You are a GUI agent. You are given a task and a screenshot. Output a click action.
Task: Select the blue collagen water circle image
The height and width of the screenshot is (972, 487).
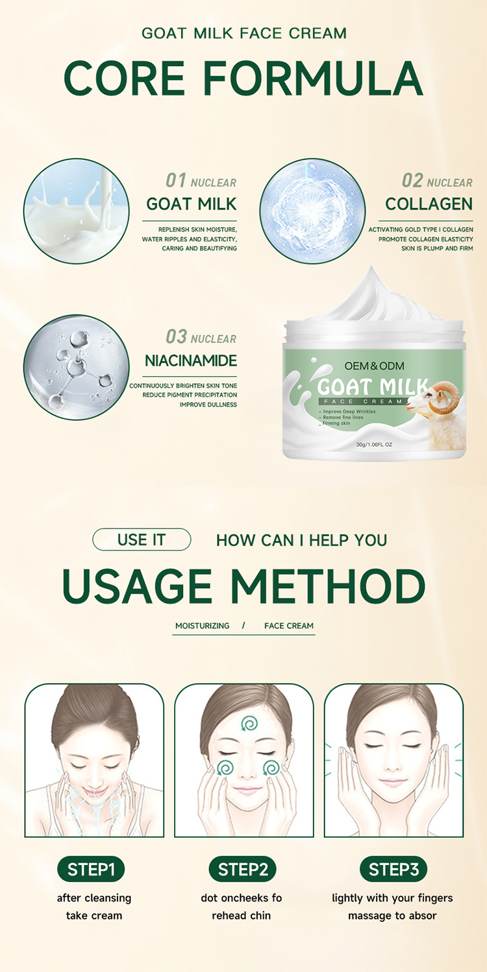(x=312, y=211)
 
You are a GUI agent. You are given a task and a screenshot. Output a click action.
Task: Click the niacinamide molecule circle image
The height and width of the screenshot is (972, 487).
(x=76, y=367)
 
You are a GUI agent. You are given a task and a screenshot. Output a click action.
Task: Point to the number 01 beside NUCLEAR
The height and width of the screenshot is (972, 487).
(x=175, y=181)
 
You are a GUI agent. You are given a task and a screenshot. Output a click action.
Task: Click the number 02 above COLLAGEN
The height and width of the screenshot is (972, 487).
(x=412, y=181)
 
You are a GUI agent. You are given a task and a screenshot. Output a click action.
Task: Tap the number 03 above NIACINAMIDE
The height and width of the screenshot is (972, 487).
(x=176, y=337)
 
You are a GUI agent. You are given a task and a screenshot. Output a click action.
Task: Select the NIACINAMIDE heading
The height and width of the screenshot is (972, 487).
(x=191, y=361)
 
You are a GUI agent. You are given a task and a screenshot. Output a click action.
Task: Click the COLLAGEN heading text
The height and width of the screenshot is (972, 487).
(x=429, y=204)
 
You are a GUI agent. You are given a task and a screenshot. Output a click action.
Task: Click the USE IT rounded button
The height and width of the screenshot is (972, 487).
(x=142, y=539)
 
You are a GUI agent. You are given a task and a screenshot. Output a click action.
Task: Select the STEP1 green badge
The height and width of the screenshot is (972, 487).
(x=91, y=870)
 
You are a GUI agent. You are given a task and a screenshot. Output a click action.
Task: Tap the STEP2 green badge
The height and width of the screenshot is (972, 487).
(x=242, y=870)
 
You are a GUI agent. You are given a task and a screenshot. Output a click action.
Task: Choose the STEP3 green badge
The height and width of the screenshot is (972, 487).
(x=393, y=870)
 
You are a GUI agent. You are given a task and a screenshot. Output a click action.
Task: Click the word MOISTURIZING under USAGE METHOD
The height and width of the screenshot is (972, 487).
(x=202, y=626)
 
